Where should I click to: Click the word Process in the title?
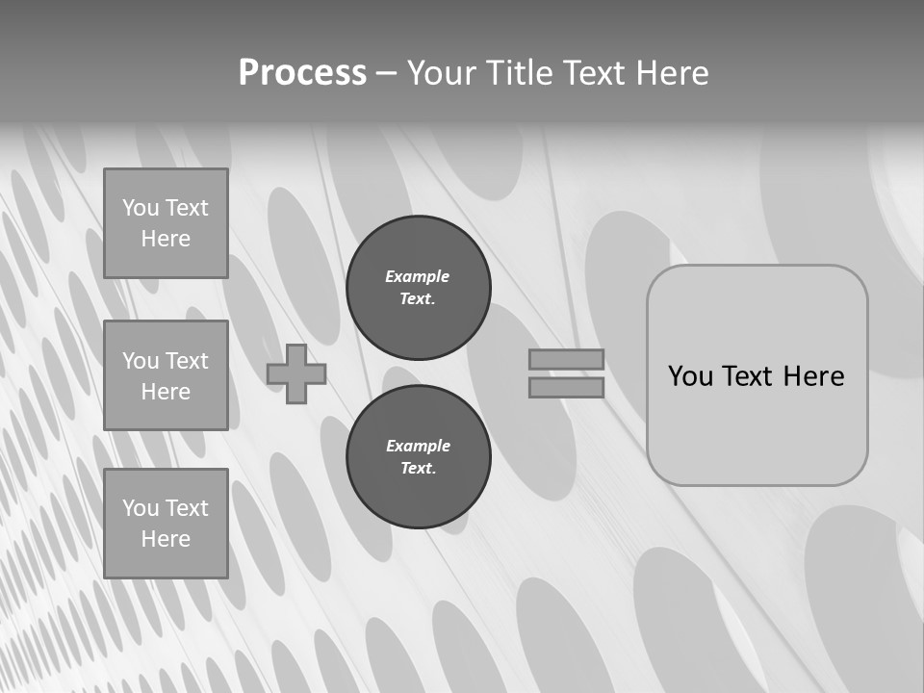[x=302, y=73]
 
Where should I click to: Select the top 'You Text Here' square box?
[x=166, y=223]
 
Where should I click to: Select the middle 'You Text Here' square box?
[x=166, y=375]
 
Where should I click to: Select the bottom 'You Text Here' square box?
[x=166, y=524]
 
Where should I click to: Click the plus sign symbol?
[x=296, y=374]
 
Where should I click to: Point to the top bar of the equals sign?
[x=566, y=360]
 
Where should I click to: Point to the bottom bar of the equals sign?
[x=566, y=387]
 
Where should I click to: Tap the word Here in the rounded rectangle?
[x=813, y=376]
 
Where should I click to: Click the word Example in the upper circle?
[x=418, y=276]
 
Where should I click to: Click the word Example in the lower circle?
[x=418, y=446]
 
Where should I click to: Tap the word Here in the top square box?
[x=166, y=239]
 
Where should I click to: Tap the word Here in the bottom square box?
[x=166, y=539]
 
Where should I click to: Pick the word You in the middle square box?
[x=141, y=361]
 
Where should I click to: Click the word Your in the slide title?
[x=443, y=73]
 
